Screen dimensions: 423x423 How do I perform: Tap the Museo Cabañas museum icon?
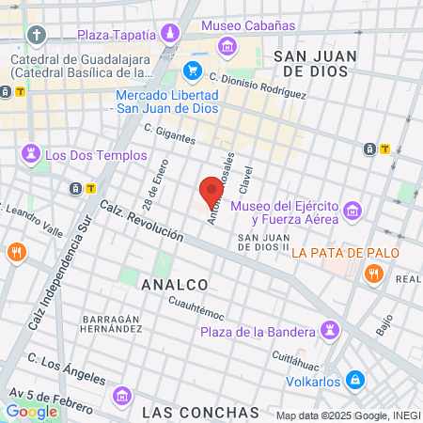(227, 46)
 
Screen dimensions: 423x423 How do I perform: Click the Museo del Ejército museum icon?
(352, 209)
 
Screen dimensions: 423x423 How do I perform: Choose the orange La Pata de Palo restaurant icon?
(373, 274)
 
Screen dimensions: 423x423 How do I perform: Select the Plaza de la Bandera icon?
(330, 329)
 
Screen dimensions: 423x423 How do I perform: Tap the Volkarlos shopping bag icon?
(354, 381)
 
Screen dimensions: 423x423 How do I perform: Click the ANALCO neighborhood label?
(174, 283)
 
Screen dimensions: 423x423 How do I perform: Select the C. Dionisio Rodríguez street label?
(258, 86)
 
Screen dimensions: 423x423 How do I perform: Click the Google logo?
(31, 411)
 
